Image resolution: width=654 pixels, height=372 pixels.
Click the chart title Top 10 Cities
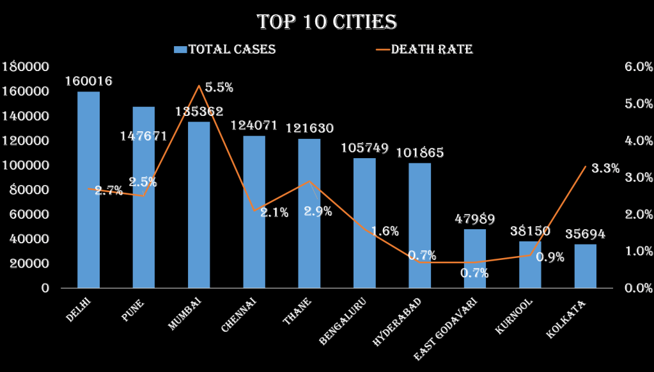click(x=327, y=22)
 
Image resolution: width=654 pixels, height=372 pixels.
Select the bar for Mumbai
click(x=199, y=204)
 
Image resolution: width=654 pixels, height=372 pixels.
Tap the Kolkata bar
click(x=585, y=266)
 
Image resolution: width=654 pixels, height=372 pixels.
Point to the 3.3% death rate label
click(x=605, y=169)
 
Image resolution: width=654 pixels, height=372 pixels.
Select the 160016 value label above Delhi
click(x=89, y=81)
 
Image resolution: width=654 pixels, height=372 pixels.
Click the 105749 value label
click(x=365, y=148)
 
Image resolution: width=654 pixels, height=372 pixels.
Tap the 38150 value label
click(x=530, y=231)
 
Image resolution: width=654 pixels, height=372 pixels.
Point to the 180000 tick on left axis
click(x=26, y=67)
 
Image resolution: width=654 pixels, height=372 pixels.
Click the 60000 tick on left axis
click(x=30, y=214)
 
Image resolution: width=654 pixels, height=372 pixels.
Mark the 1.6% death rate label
click(x=384, y=231)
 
